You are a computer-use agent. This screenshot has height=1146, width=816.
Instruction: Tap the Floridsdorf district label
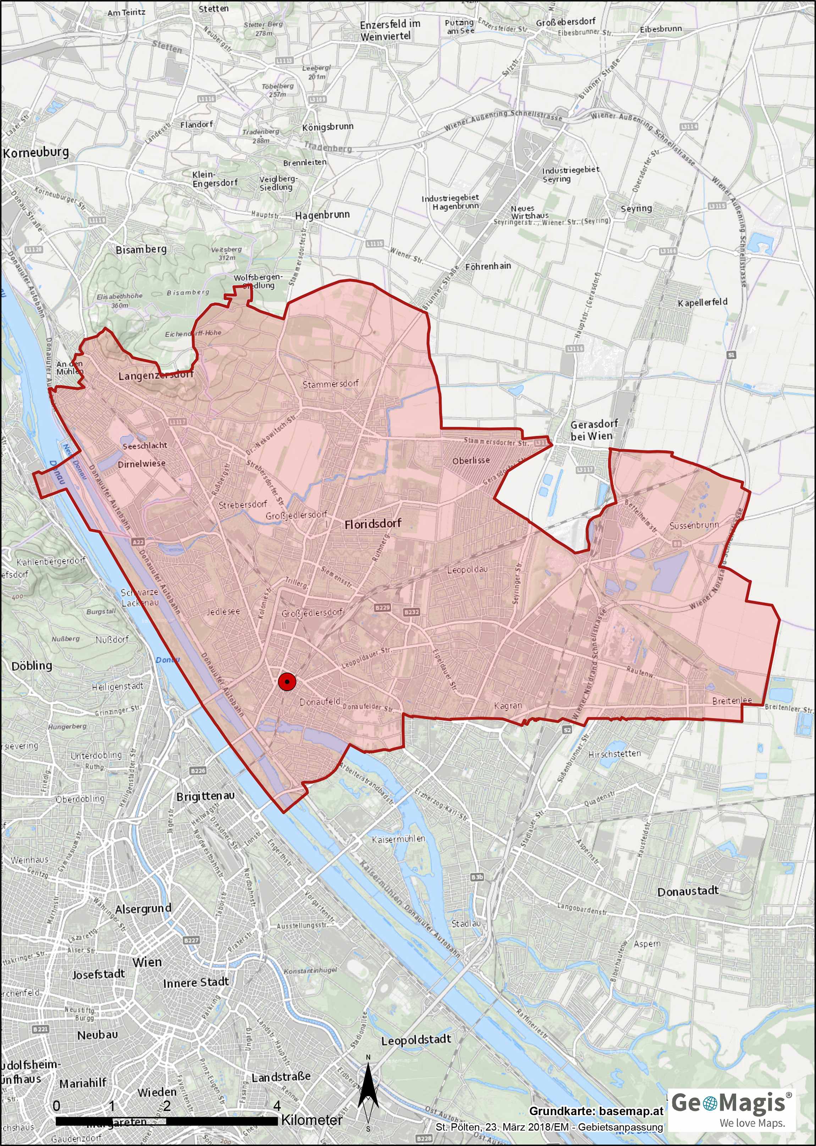click(x=373, y=524)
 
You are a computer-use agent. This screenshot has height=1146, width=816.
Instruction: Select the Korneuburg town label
click(x=36, y=153)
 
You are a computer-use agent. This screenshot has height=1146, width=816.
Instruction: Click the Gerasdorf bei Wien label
click(x=594, y=430)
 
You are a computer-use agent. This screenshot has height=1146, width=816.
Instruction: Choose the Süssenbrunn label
click(x=694, y=525)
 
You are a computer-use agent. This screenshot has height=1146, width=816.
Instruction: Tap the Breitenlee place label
click(x=732, y=700)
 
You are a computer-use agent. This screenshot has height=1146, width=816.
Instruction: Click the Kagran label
click(x=508, y=705)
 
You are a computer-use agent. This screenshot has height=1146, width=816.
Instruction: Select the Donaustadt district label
click(x=688, y=891)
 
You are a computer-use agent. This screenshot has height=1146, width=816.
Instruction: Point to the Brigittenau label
click(x=205, y=796)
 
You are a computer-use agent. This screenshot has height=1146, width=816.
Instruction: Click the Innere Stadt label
click(x=195, y=982)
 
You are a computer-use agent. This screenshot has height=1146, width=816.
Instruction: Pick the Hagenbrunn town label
click(x=322, y=215)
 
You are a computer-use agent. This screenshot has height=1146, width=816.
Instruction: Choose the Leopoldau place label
click(x=467, y=570)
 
